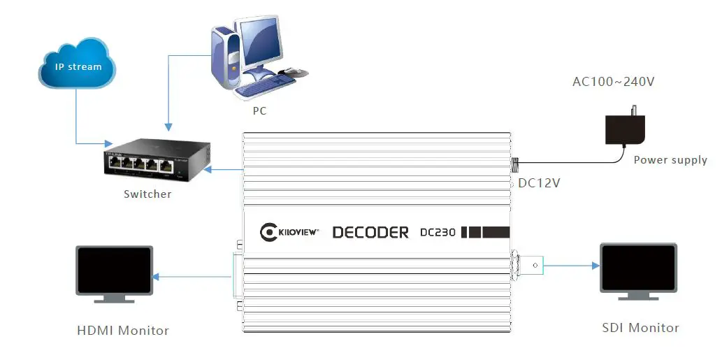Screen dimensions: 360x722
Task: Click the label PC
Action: coord(259,111)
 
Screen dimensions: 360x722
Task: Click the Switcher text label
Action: coord(147,194)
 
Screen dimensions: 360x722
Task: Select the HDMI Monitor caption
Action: coord(123,330)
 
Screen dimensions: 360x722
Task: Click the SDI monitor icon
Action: coord(639,271)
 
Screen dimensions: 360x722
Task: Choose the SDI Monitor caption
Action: coord(640,327)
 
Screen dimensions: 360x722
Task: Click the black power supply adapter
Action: coord(624,129)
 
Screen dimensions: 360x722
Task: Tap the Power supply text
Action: coord(670,160)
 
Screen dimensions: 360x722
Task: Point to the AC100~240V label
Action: coord(613,82)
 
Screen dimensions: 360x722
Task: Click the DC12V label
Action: coord(539,183)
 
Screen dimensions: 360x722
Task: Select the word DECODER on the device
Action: coord(370,232)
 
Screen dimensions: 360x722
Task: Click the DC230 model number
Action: coord(438,232)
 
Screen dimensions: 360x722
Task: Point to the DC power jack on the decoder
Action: coord(515,165)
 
